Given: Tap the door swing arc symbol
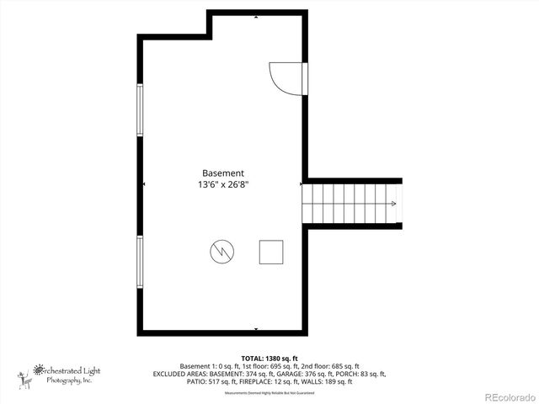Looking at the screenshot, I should (284, 77).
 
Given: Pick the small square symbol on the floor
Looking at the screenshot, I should (271, 252).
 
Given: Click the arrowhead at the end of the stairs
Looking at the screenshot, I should (394, 205).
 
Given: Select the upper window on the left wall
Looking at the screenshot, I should (140, 109).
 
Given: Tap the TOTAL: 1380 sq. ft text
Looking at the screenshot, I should (269, 358).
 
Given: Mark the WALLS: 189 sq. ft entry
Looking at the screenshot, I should (328, 382).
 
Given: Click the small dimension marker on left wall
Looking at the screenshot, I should (144, 183).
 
